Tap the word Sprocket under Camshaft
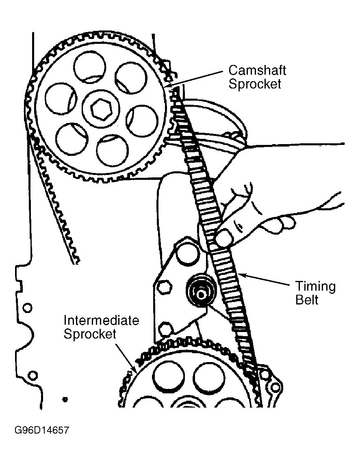point(255,84)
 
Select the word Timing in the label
point(315,287)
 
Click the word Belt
point(307,300)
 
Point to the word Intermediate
point(101,320)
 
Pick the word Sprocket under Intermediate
point(90,334)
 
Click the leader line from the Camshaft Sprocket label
point(199,78)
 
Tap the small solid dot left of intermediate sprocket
point(65,399)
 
